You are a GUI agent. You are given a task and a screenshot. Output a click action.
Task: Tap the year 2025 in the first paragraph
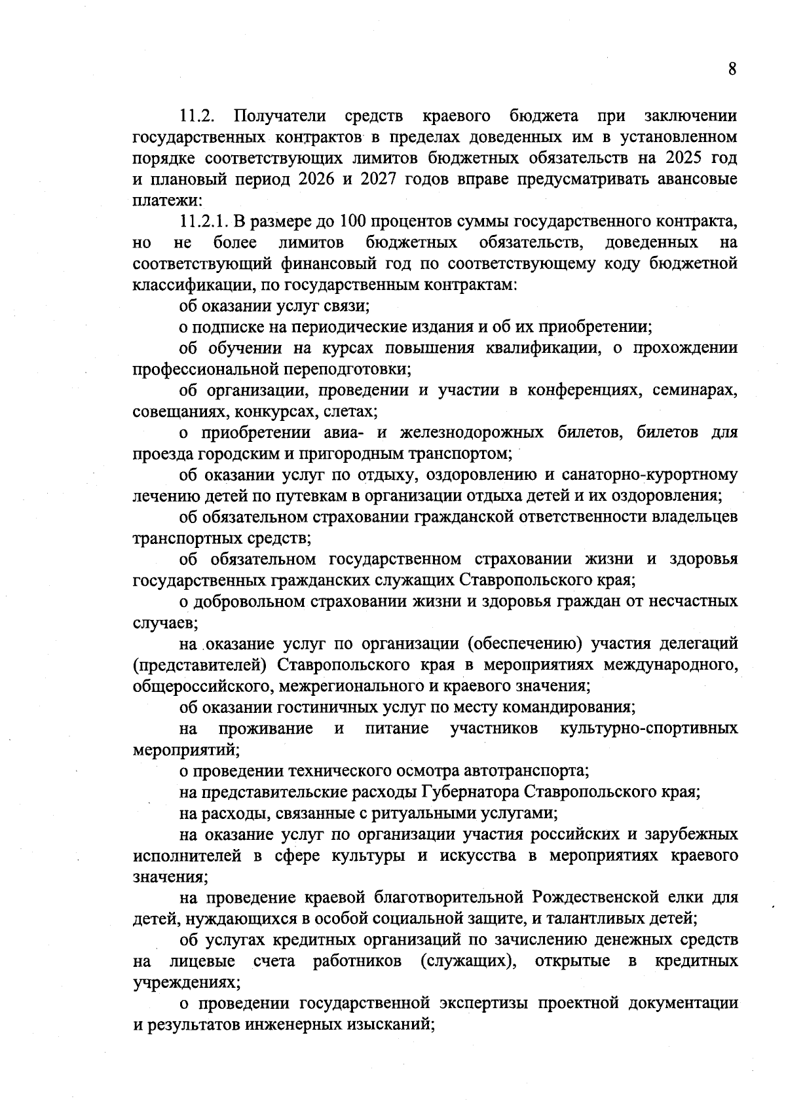684,158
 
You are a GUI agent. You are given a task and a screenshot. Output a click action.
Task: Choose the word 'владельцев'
696,517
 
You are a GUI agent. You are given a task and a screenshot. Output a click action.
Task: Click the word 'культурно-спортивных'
648,729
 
